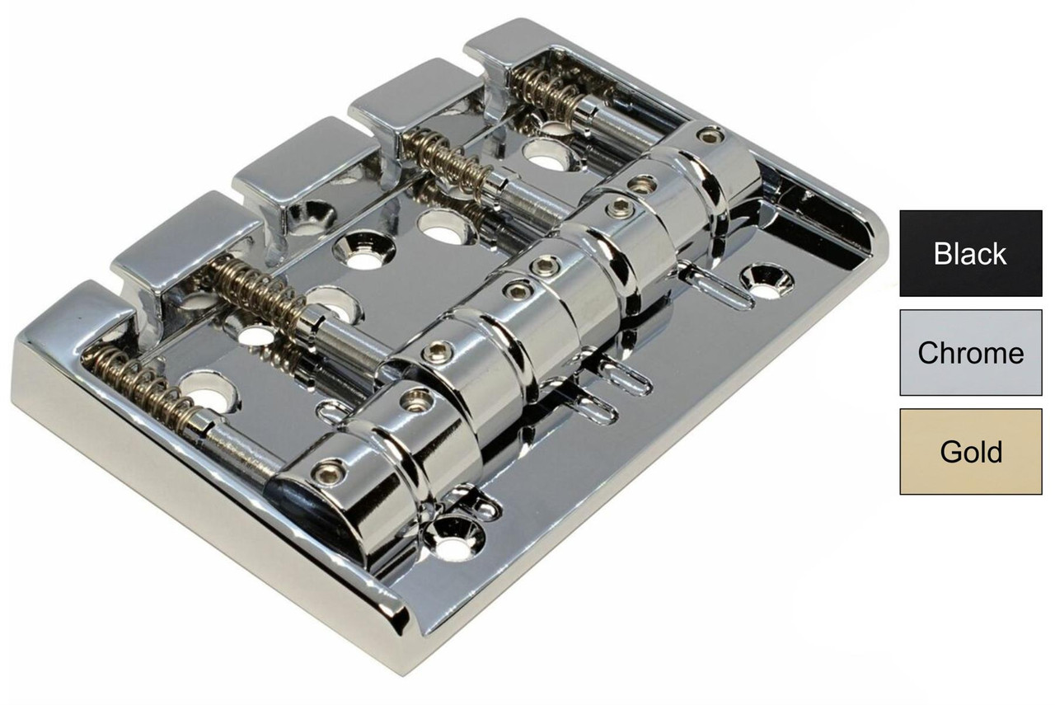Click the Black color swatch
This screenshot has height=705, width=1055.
tap(970, 253)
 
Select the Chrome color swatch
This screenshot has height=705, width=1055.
tap(970, 353)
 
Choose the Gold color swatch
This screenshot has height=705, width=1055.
tap(970, 452)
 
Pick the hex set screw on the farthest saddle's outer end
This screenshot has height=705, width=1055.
tap(706, 134)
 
